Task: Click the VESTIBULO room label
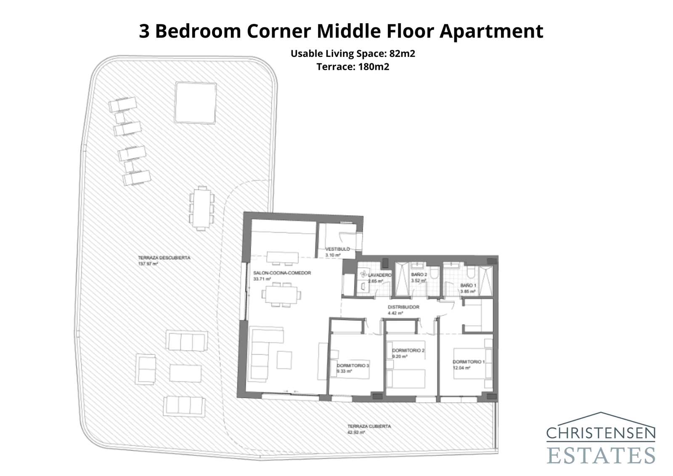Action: click(x=337, y=249)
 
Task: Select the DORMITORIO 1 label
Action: click(x=469, y=362)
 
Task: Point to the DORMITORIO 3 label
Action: click(x=353, y=366)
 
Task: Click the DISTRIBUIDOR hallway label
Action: click(x=403, y=307)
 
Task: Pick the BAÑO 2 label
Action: click(x=419, y=274)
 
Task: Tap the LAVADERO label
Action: click(x=379, y=275)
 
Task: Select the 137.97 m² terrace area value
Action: click(x=148, y=264)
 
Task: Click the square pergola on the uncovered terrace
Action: click(x=196, y=102)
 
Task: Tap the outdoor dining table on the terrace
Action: click(x=201, y=208)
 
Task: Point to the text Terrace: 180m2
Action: click(x=352, y=66)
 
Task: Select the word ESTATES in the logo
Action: click(x=601, y=455)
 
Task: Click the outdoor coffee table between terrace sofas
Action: click(x=185, y=373)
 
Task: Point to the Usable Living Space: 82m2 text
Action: click(x=352, y=54)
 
